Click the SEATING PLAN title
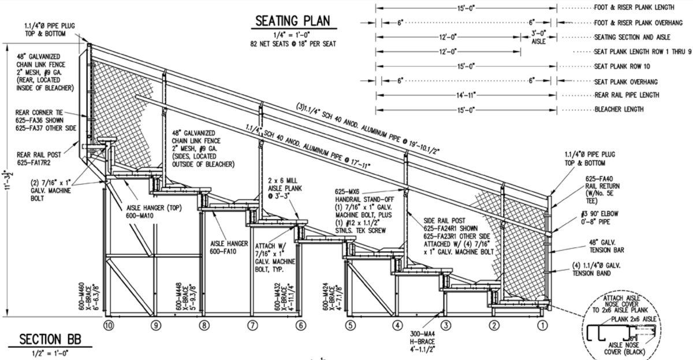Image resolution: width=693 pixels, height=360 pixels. (293, 21)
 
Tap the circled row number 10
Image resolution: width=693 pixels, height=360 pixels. (107, 325)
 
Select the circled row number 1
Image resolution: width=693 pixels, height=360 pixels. (542, 325)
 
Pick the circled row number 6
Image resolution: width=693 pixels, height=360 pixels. (300, 325)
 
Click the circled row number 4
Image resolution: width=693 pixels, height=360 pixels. (397, 325)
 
